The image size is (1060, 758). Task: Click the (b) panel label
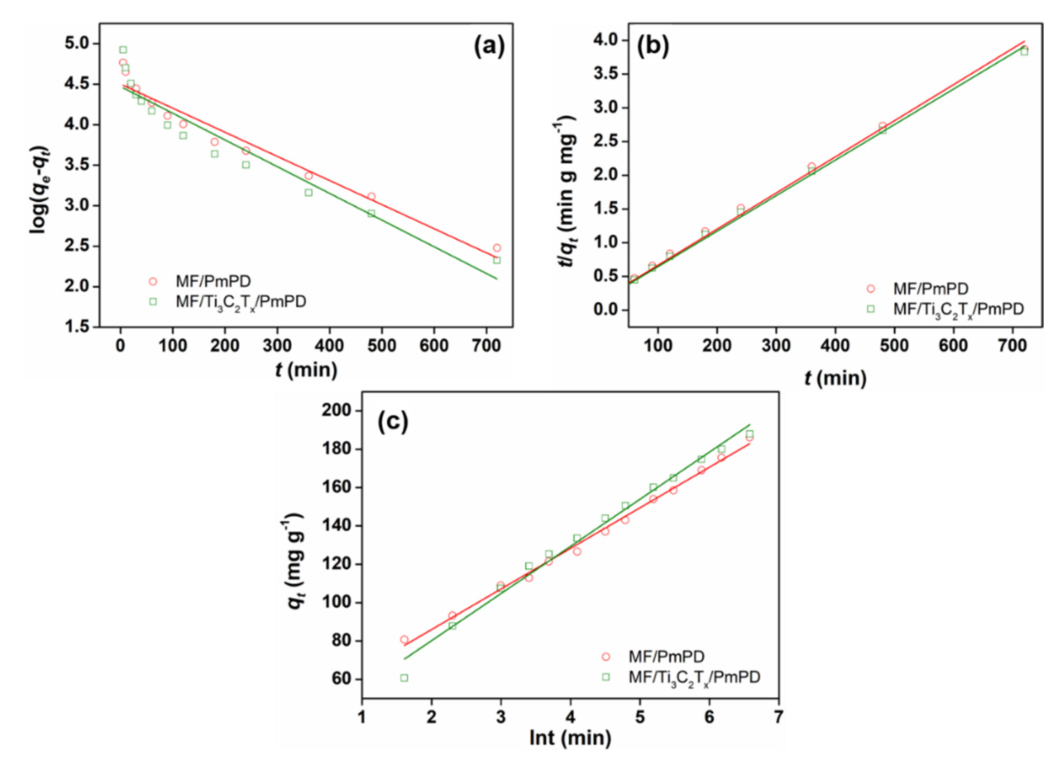(x=653, y=47)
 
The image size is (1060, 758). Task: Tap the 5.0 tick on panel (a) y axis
(x=80, y=43)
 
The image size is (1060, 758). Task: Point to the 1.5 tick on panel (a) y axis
(x=80, y=327)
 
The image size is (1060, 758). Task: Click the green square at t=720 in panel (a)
(x=497, y=260)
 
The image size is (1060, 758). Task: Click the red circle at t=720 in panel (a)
(x=497, y=248)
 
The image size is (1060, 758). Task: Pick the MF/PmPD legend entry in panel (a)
(x=213, y=281)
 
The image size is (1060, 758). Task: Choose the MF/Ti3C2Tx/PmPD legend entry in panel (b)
(x=958, y=309)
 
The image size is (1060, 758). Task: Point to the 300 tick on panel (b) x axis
(x=776, y=346)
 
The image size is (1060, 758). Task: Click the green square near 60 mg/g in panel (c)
(x=404, y=678)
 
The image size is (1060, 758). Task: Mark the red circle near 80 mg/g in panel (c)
(x=404, y=639)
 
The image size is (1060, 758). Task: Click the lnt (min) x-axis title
(x=570, y=738)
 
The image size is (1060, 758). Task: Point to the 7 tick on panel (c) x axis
(x=778, y=717)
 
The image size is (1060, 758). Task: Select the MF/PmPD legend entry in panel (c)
(x=666, y=657)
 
